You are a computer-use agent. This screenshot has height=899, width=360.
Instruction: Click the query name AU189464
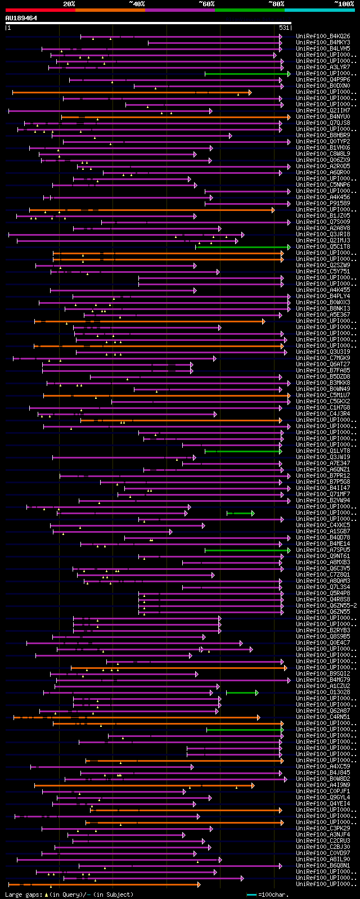tap(21, 18)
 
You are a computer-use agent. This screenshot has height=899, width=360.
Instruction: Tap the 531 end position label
tap(283, 28)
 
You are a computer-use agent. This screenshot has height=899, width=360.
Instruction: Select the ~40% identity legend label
tap(137, 4)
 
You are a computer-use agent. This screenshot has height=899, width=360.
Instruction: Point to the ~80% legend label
tap(276, 4)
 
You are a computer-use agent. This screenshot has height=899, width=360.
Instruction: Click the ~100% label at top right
tap(344, 4)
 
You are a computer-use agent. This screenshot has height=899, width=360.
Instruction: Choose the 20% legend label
tap(69, 4)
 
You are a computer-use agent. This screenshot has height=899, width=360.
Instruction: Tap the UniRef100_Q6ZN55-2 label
tap(326, 605)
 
